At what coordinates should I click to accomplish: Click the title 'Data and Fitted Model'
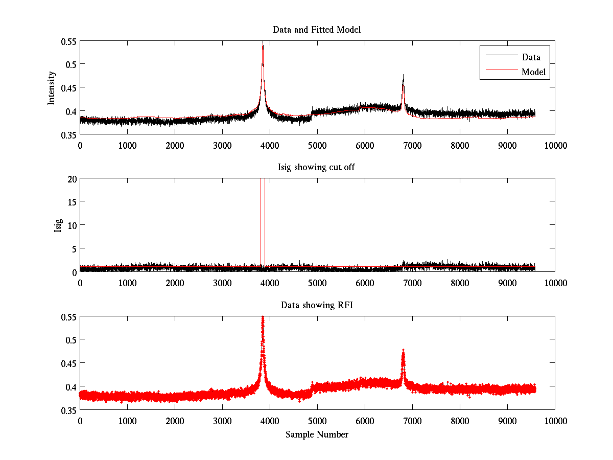[x=317, y=30]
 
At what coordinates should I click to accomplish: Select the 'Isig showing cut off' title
[x=317, y=168]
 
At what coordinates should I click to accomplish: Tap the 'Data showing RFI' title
[x=317, y=306]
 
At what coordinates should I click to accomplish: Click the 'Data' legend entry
[x=531, y=57]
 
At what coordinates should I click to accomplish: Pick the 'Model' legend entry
[x=534, y=72]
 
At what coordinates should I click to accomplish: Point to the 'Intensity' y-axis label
[x=52, y=88]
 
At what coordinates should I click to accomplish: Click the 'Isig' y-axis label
[x=58, y=225]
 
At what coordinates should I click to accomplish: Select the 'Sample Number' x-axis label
[x=317, y=435]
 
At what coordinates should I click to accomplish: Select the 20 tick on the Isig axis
[x=72, y=178]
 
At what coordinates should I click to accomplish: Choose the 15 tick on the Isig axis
[x=72, y=202]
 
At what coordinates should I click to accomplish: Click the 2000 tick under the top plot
[x=175, y=145]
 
